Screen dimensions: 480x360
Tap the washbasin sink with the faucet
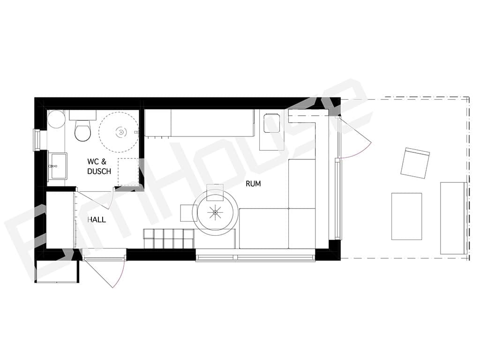tap(58, 166)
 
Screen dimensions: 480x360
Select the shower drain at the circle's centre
tap(121, 132)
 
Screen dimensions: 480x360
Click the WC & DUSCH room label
tap(99, 166)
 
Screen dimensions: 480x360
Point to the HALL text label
tap(97, 219)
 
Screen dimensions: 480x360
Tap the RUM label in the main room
tap(253, 184)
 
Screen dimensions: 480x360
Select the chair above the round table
tap(215, 192)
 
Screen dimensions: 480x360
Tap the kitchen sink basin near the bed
tap(272, 123)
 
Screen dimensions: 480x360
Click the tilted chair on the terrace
tap(415, 163)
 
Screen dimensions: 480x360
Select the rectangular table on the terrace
tap(406, 216)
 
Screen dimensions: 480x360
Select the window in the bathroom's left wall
tap(37, 140)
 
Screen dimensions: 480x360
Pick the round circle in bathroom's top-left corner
tap(56, 120)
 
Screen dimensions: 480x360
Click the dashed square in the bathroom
tap(128, 172)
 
